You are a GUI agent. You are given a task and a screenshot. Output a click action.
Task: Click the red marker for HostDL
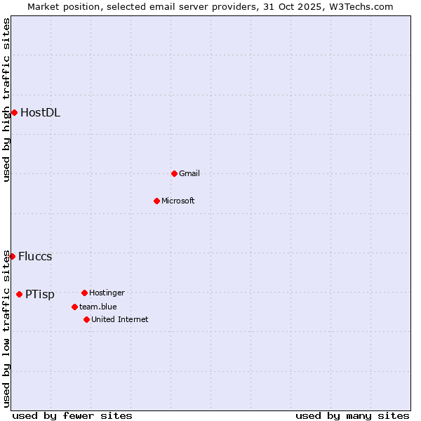click(x=14, y=112)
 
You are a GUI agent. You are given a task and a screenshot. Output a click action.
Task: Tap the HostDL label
click(x=40, y=112)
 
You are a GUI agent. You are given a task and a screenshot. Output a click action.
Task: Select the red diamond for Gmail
click(x=174, y=173)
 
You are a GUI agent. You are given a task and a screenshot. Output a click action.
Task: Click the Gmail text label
click(x=189, y=173)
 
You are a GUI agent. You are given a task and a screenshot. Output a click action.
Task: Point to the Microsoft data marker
click(x=156, y=201)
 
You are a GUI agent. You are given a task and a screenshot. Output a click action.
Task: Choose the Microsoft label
click(x=178, y=201)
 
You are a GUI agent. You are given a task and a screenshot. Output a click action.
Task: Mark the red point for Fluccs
click(x=12, y=256)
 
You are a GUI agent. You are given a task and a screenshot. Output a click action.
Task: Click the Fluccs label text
click(x=35, y=256)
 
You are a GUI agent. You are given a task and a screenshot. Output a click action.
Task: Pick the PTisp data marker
click(x=19, y=294)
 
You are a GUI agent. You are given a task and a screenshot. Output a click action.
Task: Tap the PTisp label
click(x=40, y=295)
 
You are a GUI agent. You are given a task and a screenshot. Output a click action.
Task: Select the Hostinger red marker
click(x=84, y=293)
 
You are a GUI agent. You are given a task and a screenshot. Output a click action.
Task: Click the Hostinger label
click(x=107, y=293)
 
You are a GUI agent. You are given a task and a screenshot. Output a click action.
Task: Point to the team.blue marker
click(x=74, y=307)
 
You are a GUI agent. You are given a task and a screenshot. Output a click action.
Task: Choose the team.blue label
click(x=98, y=307)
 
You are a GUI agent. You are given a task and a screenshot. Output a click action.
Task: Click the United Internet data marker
click(x=86, y=319)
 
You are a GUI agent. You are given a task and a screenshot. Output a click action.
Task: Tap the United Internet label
click(x=119, y=319)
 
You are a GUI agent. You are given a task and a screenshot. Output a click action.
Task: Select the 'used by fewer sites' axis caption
click(x=72, y=415)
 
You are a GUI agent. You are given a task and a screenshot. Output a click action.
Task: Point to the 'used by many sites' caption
click(x=352, y=415)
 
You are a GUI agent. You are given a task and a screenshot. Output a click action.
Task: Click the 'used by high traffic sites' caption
click(x=6, y=100)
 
